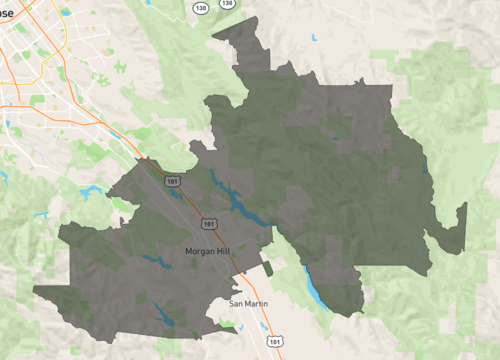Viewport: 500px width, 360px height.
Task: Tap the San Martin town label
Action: pyautogui.click(x=249, y=303)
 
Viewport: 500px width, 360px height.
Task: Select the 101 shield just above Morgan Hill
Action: pyautogui.click(x=208, y=223)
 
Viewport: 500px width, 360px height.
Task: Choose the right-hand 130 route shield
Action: pyautogui.click(x=227, y=3)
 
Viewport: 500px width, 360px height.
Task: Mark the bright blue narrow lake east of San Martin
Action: pyautogui.click(x=312, y=287)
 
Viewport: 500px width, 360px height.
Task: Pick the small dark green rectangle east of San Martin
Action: pyautogui.click(x=268, y=268)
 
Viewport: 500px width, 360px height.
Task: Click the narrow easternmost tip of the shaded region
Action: pyautogui.click(x=464, y=207)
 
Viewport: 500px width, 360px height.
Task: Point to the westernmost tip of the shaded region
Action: pyautogui.click(x=35, y=291)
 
